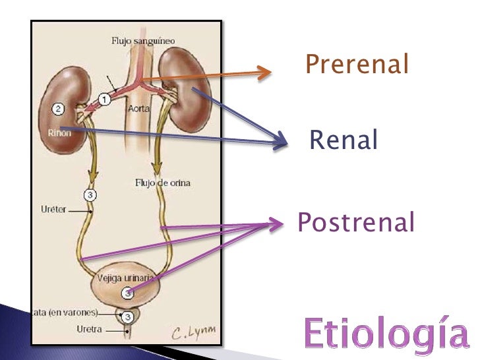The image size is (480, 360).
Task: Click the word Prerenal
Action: [357, 65]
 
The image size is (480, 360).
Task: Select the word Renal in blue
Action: [344, 140]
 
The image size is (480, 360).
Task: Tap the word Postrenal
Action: [356, 223]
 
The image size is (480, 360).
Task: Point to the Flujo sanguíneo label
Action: [142, 41]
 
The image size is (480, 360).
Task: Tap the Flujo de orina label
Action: [162, 183]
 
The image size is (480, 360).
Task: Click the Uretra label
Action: [89, 329]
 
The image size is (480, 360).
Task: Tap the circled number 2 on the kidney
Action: [59, 109]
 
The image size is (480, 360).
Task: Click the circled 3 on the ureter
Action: [91, 195]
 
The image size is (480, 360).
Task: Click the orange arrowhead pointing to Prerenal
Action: [264, 73]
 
